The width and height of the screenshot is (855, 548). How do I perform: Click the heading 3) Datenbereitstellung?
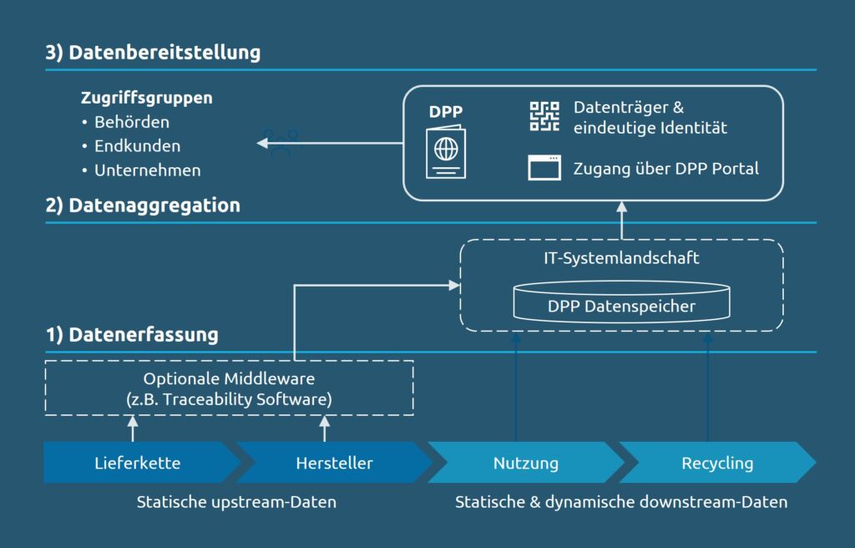(x=153, y=53)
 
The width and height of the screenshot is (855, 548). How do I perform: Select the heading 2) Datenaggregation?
(x=143, y=205)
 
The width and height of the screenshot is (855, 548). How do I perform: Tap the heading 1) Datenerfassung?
(x=132, y=335)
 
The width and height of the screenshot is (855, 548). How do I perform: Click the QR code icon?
(x=544, y=116)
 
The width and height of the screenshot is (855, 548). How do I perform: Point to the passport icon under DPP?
(x=446, y=152)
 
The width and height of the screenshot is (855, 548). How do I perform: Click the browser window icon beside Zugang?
(x=544, y=168)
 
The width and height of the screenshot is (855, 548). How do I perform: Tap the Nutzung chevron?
(x=525, y=463)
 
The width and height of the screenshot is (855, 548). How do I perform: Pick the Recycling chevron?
(x=716, y=463)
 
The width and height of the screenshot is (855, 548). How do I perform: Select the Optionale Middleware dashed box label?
(x=229, y=388)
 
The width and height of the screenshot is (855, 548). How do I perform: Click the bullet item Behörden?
(x=132, y=122)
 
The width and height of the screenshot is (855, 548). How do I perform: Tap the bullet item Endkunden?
(x=137, y=146)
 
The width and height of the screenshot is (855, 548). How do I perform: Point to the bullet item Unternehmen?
(x=147, y=170)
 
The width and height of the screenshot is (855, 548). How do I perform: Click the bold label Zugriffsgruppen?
(x=146, y=98)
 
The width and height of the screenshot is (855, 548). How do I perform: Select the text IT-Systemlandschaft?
(x=622, y=258)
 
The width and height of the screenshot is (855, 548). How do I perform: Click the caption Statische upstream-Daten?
(x=236, y=503)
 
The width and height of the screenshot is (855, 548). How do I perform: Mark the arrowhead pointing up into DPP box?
(x=621, y=206)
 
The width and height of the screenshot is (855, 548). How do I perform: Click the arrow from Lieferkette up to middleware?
(x=132, y=429)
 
